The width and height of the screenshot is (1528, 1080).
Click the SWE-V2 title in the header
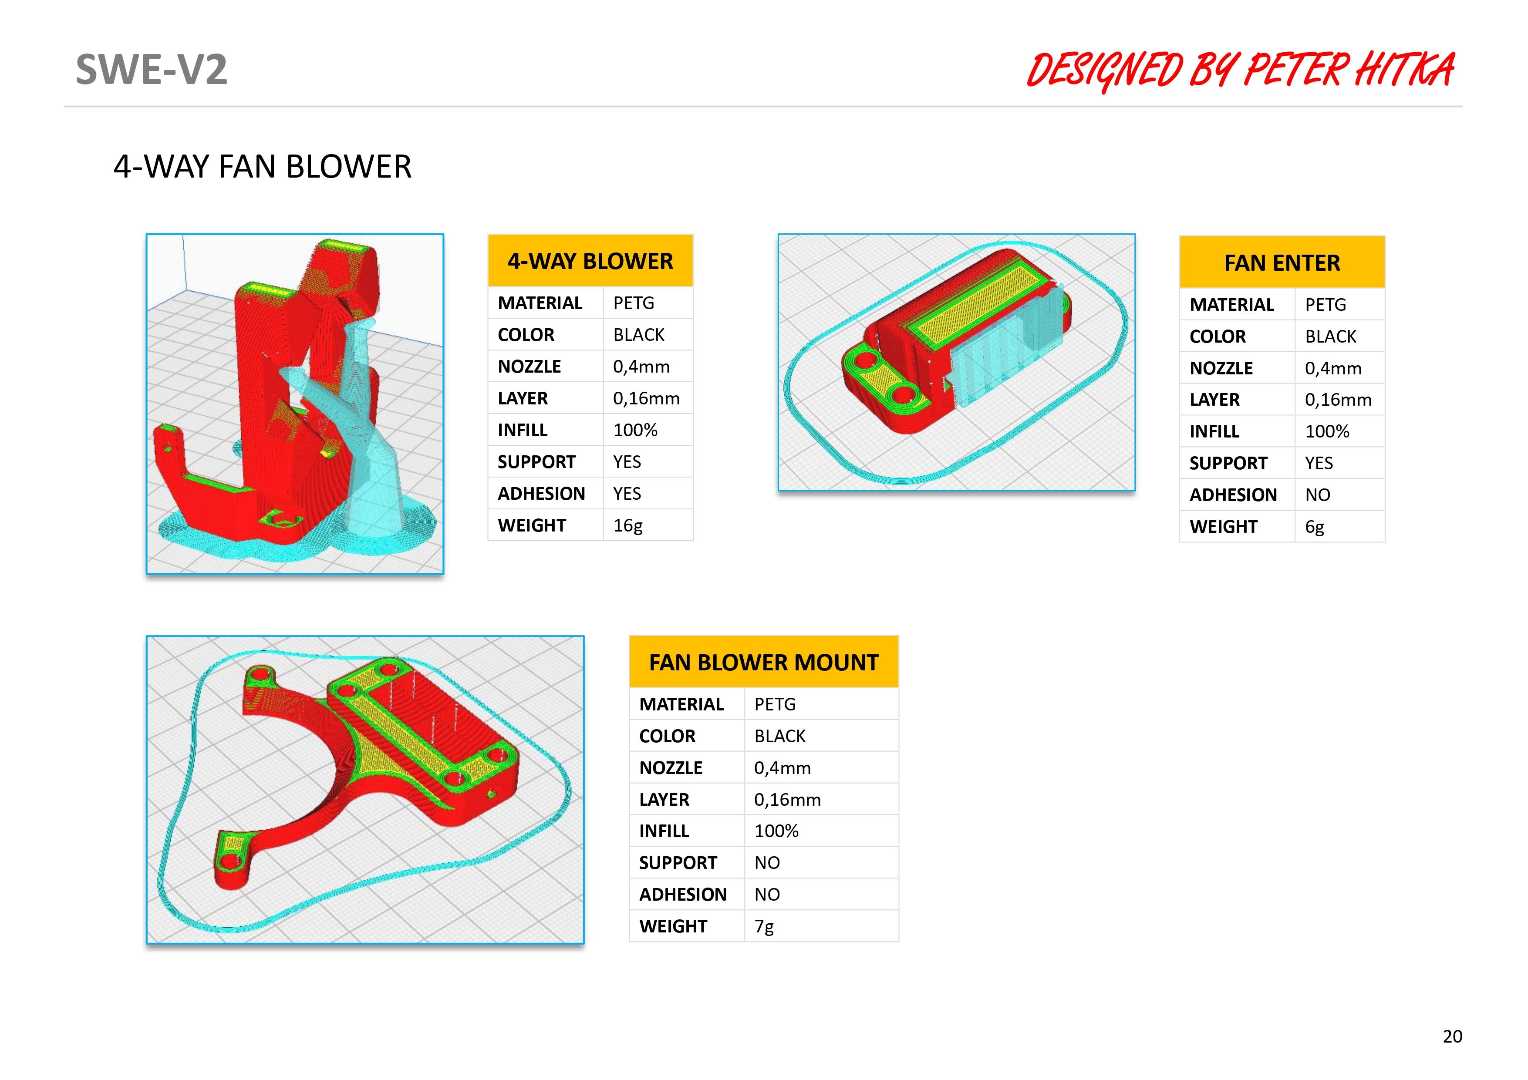151,69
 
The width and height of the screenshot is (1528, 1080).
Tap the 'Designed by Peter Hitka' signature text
1241,71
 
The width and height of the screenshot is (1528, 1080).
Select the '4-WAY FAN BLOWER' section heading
262,166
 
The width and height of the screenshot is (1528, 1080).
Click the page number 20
1452,1036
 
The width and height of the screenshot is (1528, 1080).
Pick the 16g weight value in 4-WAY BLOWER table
627,526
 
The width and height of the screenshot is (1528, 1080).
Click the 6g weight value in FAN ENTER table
1314,527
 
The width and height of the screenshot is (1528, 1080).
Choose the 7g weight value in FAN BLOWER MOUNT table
763,926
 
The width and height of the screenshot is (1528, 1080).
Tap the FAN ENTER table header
1282,262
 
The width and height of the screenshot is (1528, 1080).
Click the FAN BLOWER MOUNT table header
763,662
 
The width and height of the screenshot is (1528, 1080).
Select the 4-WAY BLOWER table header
590,261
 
